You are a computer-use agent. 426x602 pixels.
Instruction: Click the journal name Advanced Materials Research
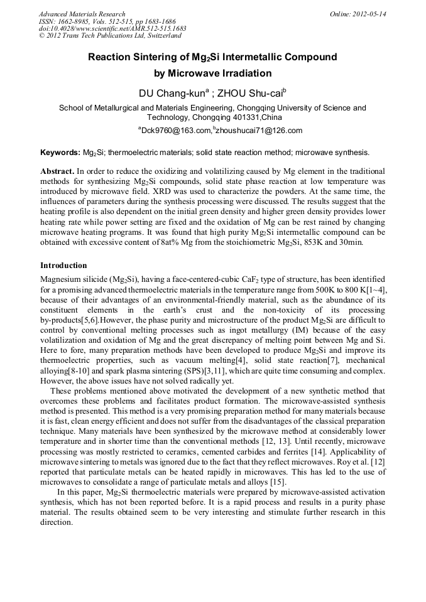pyautogui.click(x=82, y=14)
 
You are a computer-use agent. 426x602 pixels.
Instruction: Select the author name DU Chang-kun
pyautogui.click(x=172, y=94)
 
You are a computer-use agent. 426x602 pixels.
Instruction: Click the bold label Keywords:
pyautogui.click(x=60, y=153)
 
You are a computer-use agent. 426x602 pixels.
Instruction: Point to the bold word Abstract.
pyautogui.click(x=57, y=171)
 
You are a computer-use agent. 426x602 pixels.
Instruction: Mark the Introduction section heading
pyautogui.click(x=63, y=266)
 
